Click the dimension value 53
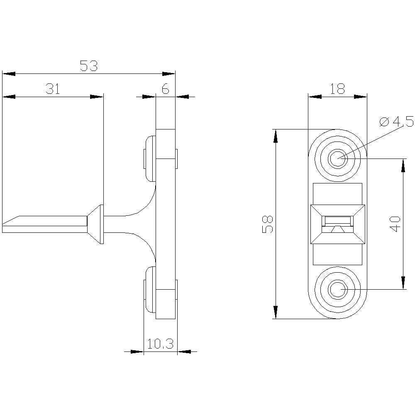tap(88, 66)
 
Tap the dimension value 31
tap(53, 89)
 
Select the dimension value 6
tap(165, 89)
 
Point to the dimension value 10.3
tap(160, 343)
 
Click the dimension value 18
tap(337, 89)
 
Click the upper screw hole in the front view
tap(337, 158)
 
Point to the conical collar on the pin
tap(95, 224)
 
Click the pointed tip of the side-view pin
tap(5, 225)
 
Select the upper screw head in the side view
tap(149, 159)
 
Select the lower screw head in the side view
tap(149, 290)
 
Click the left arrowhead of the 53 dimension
tap(8, 74)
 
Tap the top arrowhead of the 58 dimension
tap(275, 134)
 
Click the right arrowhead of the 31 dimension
tap(97, 97)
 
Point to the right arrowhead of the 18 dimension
tap(361, 97)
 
